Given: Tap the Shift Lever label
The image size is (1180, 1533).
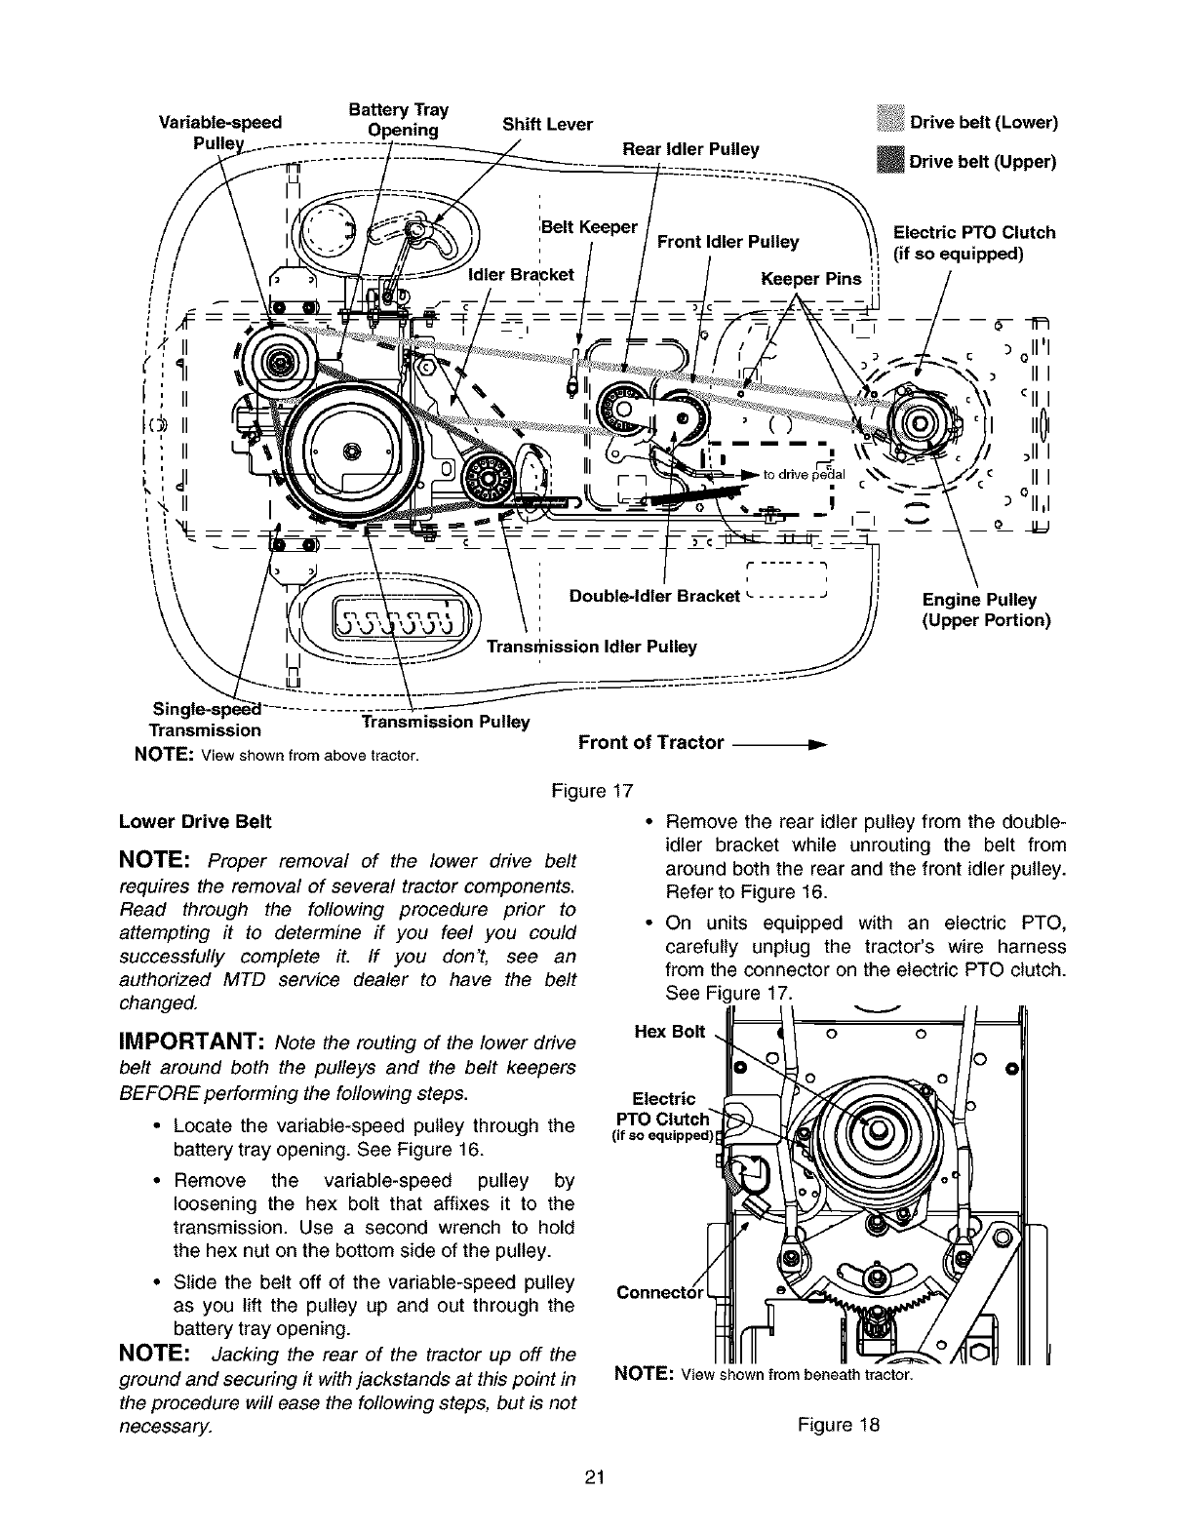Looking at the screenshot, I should (547, 124).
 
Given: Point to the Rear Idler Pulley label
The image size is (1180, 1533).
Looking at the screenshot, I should (690, 149).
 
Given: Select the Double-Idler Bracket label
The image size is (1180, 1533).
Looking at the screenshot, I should (654, 596).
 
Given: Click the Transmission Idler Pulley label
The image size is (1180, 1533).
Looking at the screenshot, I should (591, 647).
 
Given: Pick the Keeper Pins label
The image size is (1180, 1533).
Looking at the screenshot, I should (810, 280).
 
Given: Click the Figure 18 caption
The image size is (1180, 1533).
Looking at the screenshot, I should (838, 1425).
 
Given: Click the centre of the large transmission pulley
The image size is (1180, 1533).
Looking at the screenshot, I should (352, 450).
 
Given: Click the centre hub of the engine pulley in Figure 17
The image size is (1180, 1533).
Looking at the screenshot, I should (921, 422).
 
